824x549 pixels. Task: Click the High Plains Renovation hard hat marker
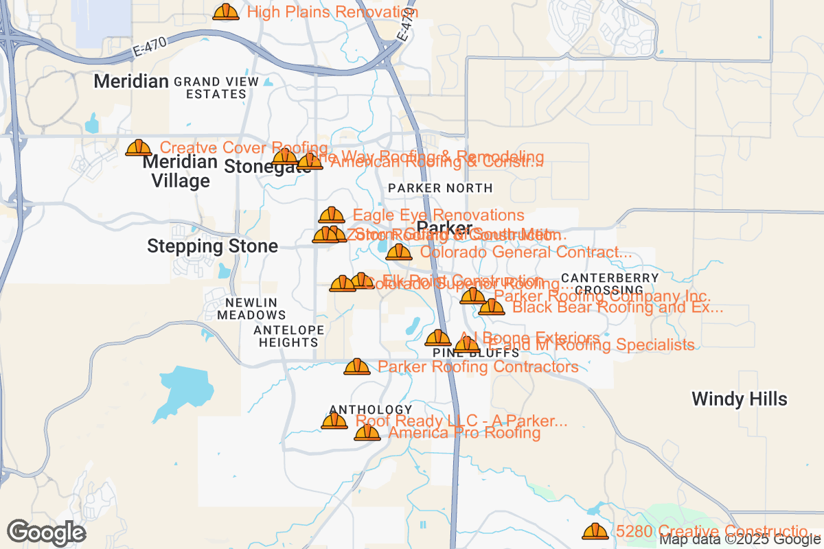[226, 12]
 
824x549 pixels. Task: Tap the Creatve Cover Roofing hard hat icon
[139, 148]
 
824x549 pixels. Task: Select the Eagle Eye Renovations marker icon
[332, 215]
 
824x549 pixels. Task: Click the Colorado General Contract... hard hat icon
[399, 253]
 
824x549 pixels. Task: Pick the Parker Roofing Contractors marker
[357, 367]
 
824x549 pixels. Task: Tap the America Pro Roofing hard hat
[367, 433]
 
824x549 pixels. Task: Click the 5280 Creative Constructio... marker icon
[595, 531]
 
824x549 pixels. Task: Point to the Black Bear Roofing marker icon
[492, 307]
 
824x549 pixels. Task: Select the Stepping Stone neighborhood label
[213, 246]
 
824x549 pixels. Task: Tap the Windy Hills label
[740, 399]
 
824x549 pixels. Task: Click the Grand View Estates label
[216, 87]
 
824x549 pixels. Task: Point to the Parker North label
[440, 188]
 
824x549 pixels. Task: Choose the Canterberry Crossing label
[610, 284]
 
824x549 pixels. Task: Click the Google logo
[47, 533]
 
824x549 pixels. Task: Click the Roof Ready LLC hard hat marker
[334, 421]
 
